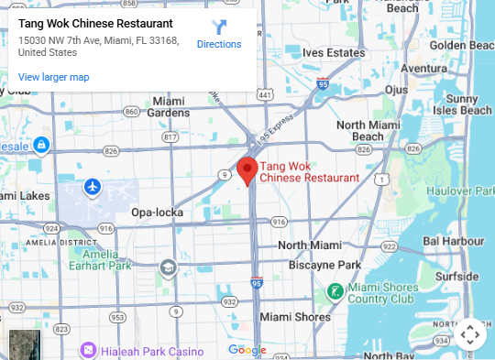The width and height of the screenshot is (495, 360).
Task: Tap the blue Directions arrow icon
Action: [x=219, y=27]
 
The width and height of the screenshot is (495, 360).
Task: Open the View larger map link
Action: [x=53, y=77]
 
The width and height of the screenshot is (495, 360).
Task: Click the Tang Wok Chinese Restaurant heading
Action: [x=95, y=23]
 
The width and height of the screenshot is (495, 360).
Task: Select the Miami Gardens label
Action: [x=169, y=106]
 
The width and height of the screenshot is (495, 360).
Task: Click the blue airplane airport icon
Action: [x=92, y=187]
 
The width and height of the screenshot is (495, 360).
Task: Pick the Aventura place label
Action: [x=423, y=68]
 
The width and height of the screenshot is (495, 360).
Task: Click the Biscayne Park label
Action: [x=319, y=265]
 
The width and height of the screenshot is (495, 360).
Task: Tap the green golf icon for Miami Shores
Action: [x=336, y=292]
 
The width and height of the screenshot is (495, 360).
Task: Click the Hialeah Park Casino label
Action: [x=146, y=350]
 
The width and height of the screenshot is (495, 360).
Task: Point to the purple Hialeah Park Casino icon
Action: [x=88, y=350]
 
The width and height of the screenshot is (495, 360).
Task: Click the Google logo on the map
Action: [x=247, y=350]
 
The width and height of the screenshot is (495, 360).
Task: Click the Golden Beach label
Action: [x=462, y=45]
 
